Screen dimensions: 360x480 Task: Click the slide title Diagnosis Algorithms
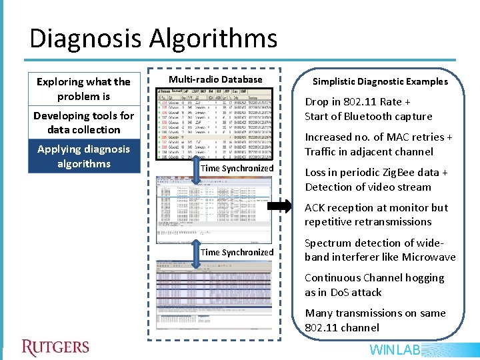point(153,39)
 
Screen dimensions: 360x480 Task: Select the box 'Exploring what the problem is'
point(84,89)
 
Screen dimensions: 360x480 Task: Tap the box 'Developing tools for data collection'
point(84,123)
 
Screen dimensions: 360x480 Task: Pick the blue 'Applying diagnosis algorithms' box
point(84,156)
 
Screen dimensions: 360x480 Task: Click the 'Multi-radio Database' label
point(215,79)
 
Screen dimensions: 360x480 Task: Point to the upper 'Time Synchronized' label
point(237,168)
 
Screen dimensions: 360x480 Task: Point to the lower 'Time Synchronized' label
point(237,252)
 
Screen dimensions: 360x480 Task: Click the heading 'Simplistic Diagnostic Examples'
point(380,81)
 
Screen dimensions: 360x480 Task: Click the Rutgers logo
point(55,347)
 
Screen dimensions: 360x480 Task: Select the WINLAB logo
point(395,350)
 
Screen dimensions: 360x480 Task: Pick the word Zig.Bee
point(399,173)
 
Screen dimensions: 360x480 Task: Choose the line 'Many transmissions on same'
point(375,313)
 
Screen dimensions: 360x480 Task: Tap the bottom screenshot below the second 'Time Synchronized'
point(214,287)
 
